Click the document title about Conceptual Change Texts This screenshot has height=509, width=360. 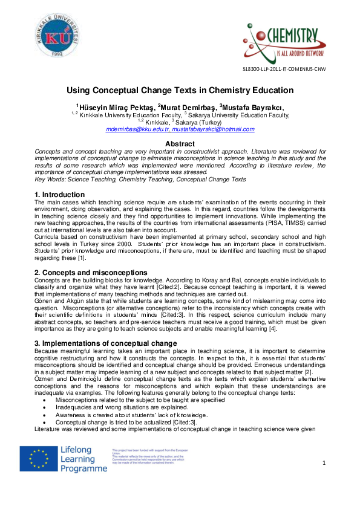coord(180,90)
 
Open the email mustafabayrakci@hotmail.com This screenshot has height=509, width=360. coord(213,129)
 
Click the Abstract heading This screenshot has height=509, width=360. coord(180,143)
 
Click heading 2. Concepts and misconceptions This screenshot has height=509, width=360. coord(91,273)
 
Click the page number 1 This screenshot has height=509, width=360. coord(324,462)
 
